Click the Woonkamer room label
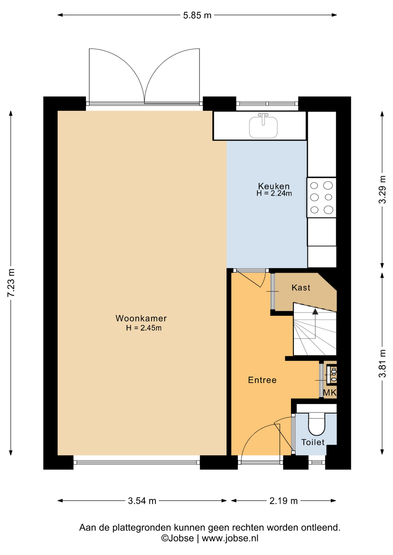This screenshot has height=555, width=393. [141, 318]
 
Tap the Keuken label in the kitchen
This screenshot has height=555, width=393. [274, 186]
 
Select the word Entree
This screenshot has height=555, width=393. [262, 380]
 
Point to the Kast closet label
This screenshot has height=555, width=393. [301, 288]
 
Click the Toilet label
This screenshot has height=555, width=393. [313, 442]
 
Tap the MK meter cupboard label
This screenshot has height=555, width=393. [330, 393]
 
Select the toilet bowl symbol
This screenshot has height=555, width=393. [317, 424]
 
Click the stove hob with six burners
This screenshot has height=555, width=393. [321, 197]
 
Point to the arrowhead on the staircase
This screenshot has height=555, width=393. [315, 312]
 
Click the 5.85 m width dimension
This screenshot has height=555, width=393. [197, 15]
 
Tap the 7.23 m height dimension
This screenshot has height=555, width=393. [11, 283]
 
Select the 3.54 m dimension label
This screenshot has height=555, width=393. [142, 501]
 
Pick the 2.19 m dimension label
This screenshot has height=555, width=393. [284, 501]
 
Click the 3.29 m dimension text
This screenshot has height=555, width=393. [382, 190]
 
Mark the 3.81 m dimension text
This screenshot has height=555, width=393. [382, 363]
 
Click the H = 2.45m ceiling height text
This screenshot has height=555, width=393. [144, 328]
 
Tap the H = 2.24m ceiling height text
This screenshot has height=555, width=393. [274, 193]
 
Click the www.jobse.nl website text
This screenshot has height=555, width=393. [230, 538]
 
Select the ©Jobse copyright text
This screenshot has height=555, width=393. [177, 538]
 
